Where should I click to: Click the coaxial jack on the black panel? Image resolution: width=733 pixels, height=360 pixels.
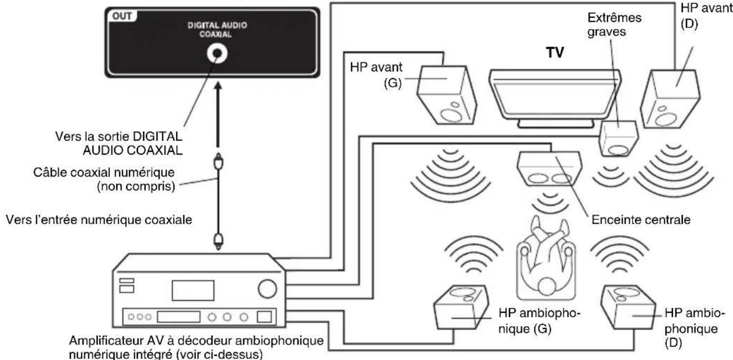[217, 53]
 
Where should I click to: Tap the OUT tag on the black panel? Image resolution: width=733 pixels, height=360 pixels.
[122, 16]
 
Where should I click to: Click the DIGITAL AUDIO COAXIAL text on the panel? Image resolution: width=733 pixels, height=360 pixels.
[217, 30]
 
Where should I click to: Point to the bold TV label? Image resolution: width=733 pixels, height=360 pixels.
[555, 52]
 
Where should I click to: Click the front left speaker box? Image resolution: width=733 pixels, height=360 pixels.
[447, 95]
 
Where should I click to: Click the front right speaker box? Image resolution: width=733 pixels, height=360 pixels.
[670, 99]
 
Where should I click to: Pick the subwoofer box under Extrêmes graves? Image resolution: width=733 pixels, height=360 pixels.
[618, 139]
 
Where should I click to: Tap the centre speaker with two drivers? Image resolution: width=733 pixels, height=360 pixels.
[550, 168]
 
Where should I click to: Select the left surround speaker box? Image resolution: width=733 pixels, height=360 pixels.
[461, 307]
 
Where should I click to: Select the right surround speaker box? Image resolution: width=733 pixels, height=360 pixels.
[628, 307]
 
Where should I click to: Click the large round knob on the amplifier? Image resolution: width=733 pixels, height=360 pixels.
[267, 289]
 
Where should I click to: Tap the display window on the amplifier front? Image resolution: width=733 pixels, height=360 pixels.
[193, 290]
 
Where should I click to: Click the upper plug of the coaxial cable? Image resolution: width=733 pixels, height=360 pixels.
[218, 162]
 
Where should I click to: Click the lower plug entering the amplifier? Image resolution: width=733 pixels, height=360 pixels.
[219, 241]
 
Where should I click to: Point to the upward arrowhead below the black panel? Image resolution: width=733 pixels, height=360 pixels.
[218, 86]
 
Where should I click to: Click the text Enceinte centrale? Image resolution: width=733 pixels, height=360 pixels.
[641, 219]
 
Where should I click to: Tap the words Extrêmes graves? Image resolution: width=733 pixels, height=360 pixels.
[614, 24]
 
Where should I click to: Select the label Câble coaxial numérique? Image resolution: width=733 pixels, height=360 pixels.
[104, 172]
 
